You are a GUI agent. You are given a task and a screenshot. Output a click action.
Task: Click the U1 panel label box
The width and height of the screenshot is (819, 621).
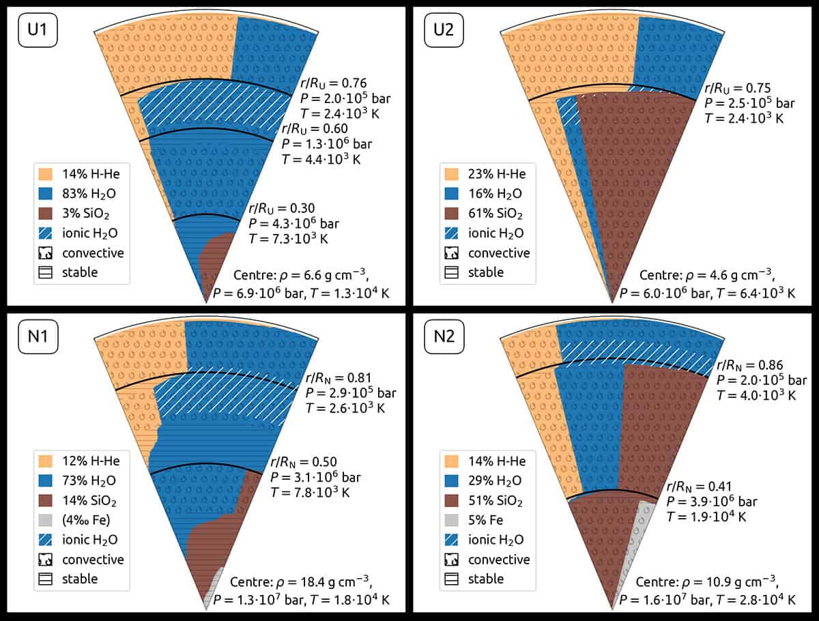(38, 32)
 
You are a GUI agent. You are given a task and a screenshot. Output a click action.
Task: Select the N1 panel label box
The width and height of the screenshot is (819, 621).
(38, 338)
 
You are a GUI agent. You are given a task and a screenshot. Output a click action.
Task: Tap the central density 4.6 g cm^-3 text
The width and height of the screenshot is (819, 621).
(707, 276)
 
